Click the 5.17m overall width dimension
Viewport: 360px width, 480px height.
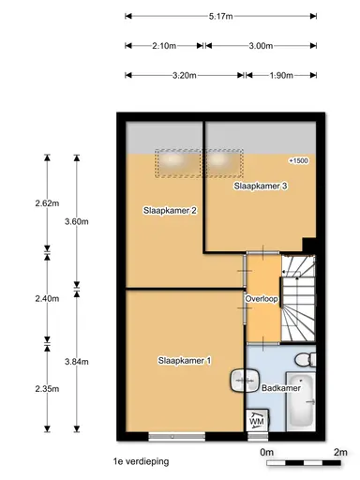tap(222, 16)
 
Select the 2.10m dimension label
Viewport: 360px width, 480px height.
tap(163, 45)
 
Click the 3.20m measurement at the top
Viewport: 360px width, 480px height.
tap(183, 75)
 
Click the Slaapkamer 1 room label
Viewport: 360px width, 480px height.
tap(185, 361)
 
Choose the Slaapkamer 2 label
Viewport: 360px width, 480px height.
tap(170, 210)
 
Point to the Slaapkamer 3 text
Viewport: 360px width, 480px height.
tap(260, 187)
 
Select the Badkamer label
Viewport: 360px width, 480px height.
tap(281, 388)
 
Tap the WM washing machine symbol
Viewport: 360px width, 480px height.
tap(256, 423)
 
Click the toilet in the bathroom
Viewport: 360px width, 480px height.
tap(304, 361)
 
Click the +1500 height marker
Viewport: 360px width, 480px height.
tap(298, 161)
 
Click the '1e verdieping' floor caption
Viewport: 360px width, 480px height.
tap(139, 461)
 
